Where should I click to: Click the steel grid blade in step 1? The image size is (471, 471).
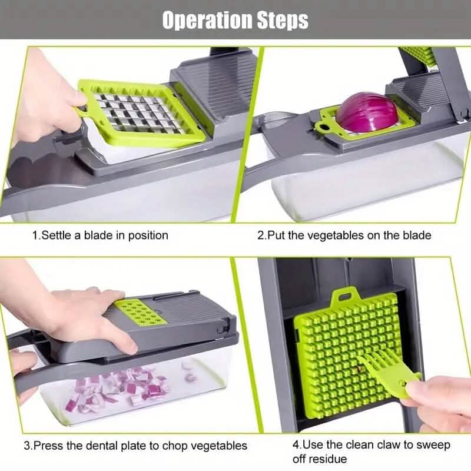pos(138,112)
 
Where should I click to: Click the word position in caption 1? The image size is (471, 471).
pos(147,235)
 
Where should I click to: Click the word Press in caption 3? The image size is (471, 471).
pos(52,446)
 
